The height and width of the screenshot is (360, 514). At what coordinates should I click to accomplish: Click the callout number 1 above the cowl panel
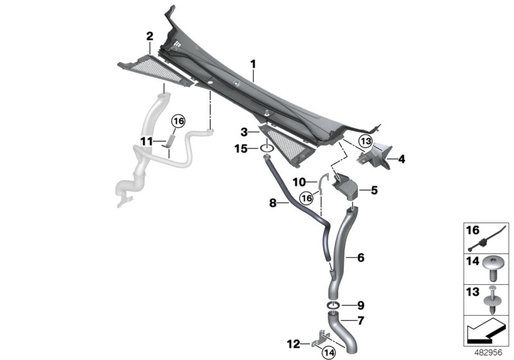(x=253, y=64)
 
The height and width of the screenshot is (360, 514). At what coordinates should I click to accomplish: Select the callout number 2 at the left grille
(x=149, y=35)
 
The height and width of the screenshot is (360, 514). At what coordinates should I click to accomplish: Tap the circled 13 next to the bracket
(x=365, y=141)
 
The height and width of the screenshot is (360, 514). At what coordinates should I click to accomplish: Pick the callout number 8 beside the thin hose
(x=272, y=203)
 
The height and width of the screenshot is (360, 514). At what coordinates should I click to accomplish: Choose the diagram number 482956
(x=488, y=353)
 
